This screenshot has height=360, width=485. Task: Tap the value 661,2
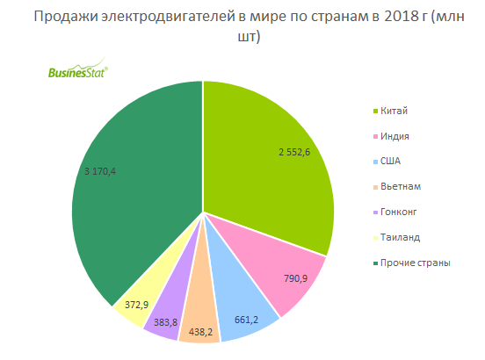(245, 320)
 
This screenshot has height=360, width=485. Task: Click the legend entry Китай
(395, 110)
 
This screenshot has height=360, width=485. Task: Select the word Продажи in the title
(62, 20)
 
